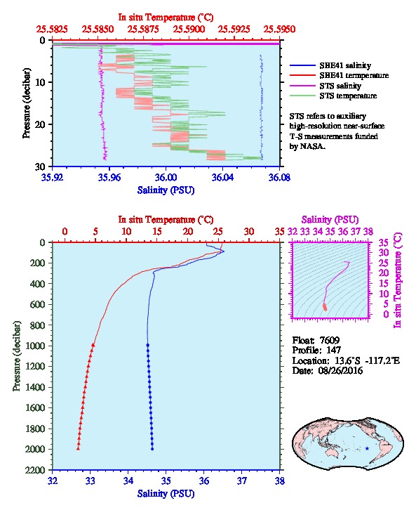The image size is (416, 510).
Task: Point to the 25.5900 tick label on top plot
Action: pyautogui.click(x=189, y=30)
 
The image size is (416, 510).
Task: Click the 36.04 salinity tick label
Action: pyautogui.click(x=222, y=177)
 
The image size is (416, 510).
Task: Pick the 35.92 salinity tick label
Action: pyautogui.click(x=53, y=177)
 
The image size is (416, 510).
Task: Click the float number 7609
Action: pyautogui.click(x=330, y=340)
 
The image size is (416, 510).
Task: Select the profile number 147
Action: pyautogui.click(x=333, y=350)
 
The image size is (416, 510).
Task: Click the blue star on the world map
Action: pyautogui.click(x=367, y=448)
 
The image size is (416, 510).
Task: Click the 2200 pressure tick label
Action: pyautogui.click(x=36, y=470)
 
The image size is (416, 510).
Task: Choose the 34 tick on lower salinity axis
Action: pyautogui.click(x=128, y=480)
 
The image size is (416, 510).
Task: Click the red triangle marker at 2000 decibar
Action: pyautogui.click(x=78, y=448)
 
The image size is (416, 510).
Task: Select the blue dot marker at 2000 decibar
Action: pyautogui.click(x=152, y=449)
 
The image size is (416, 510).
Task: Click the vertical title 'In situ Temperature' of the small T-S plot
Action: pyautogui.click(x=398, y=280)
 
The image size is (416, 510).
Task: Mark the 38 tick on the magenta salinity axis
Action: pyautogui.click(x=368, y=231)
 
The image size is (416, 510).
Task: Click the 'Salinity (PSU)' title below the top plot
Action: pyautogui.click(x=166, y=190)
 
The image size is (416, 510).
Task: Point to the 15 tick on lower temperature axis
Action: pyautogui.click(x=157, y=231)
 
